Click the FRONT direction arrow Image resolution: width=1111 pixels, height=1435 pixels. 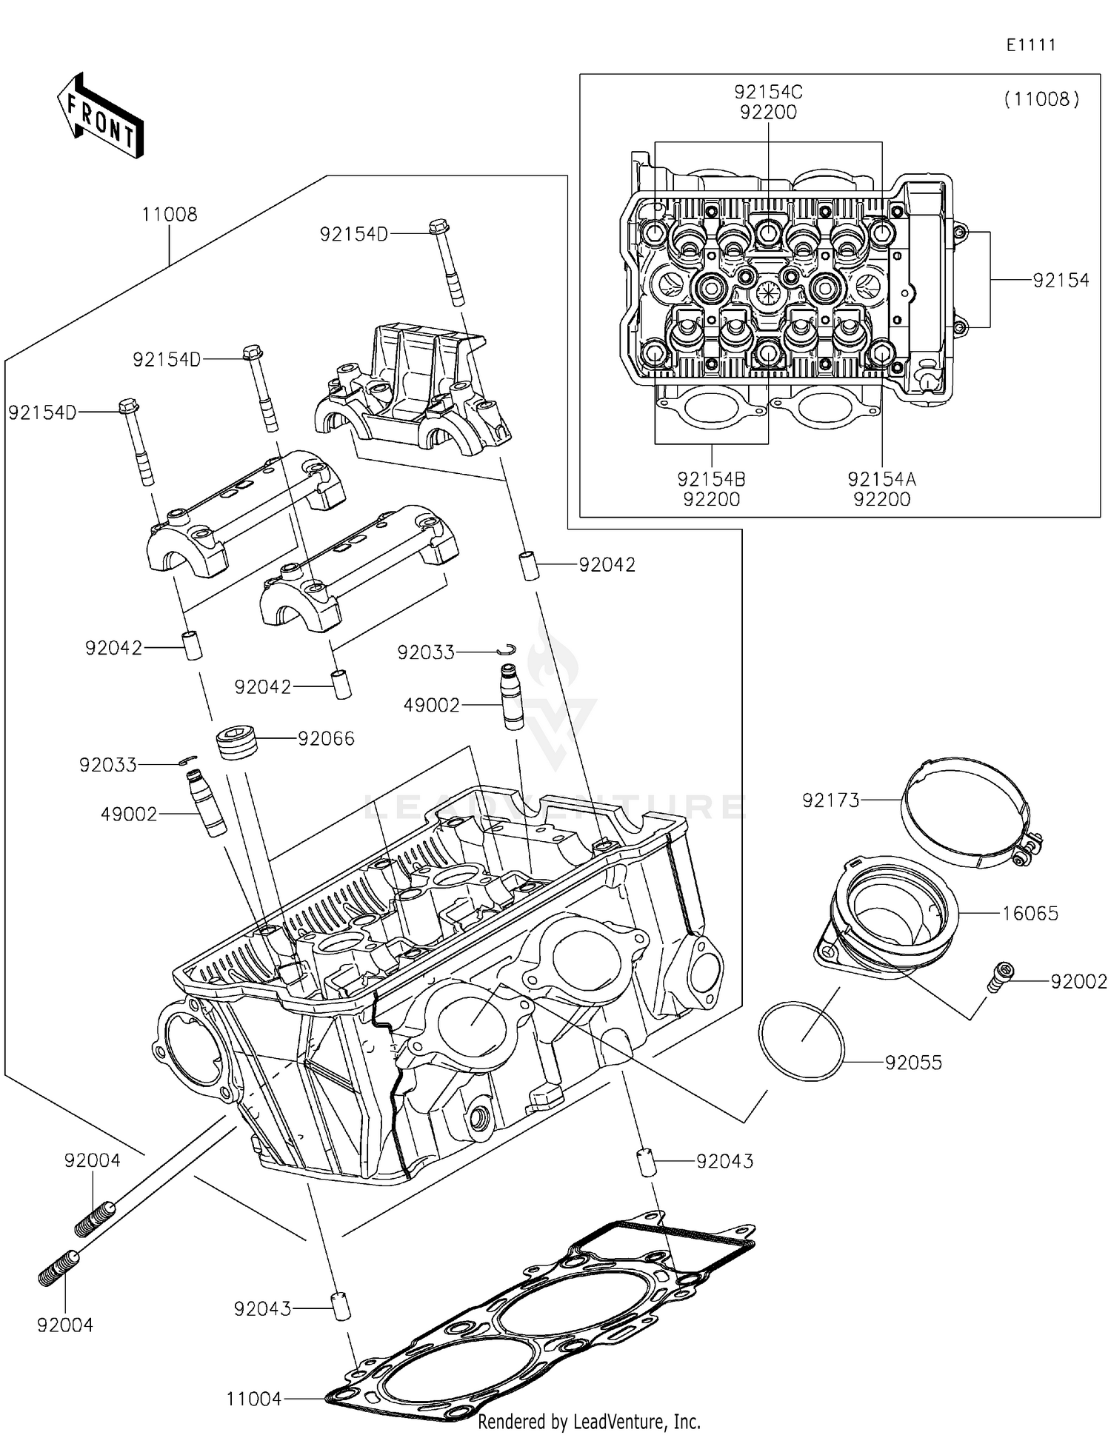(x=100, y=116)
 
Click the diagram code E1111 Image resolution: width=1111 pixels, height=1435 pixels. (x=1030, y=45)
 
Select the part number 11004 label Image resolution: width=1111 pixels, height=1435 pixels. (x=254, y=1398)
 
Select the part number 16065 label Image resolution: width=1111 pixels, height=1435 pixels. (x=1030, y=913)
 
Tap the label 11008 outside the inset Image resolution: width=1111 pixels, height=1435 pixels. (x=170, y=215)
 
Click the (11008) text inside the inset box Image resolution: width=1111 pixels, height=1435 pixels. (x=1041, y=99)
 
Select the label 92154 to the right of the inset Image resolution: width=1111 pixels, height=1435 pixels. (x=1061, y=281)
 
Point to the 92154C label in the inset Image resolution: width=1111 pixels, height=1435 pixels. (x=768, y=93)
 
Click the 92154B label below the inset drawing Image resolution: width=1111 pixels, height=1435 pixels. (x=711, y=479)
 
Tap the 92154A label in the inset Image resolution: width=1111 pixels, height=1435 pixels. (x=881, y=479)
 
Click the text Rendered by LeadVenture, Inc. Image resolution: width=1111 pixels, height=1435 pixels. (x=589, y=1421)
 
